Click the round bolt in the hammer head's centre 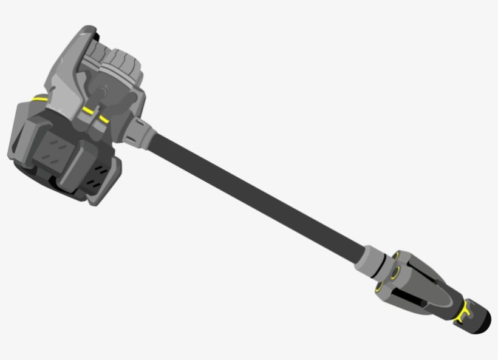[x=100, y=92]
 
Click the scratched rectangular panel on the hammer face [x=57, y=148]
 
